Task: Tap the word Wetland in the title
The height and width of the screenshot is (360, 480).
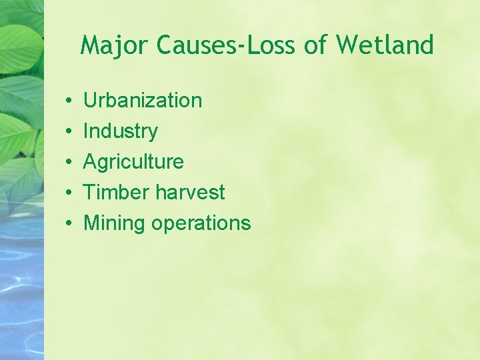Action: pos(385,45)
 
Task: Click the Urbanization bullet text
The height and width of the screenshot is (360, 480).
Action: pos(142,101)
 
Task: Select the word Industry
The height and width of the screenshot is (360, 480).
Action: pos(120,131)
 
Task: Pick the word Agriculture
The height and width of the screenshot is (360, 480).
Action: pos(133,162)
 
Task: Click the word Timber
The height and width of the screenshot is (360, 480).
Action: pos(116,193)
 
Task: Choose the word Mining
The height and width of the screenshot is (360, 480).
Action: pos(114,223)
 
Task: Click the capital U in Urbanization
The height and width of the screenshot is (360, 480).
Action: pos(90,101)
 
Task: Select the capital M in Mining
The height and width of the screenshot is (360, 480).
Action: pos(91,223)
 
